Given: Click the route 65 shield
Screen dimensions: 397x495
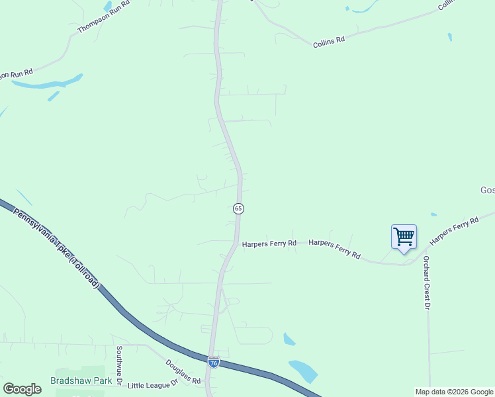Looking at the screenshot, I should pyautogui.click(x=238, y=208).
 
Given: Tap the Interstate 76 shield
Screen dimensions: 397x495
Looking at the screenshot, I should pyautogui.click(x=213, y=363).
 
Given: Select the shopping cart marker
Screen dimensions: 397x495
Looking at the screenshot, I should pyautogui.click(x=404, y=237).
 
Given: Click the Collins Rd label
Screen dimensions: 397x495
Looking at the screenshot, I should pyautogui.click(x=330, y=40).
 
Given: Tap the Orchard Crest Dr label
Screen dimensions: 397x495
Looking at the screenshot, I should pyautogui.click(x=427, y=283).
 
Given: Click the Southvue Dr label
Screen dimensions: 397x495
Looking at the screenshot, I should pyautogui.click(x=119, y=365).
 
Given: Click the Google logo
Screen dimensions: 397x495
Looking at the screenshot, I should pyautogui.click(x=22, y=389).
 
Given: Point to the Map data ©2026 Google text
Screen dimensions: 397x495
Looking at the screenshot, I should pyautogui.click(x=454, y=392).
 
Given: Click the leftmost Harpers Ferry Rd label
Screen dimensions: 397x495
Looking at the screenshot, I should pyautogui.click(x=268, y=243).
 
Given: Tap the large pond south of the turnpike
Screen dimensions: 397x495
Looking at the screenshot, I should pyautogui.click(x=304, y=371).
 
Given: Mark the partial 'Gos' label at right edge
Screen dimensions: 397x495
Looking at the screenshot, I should pyautogui.click(x=487, y=190).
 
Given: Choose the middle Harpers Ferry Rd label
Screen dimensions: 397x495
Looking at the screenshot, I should pyautogui.click(x=334, y=249).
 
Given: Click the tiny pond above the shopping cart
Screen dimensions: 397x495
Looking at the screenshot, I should pyautogui.click(x=433, y=214).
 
